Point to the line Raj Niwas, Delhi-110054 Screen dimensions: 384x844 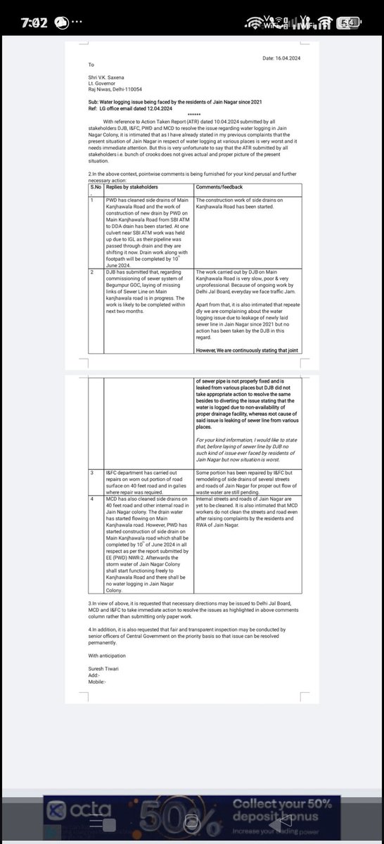[x=115, y=89]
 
